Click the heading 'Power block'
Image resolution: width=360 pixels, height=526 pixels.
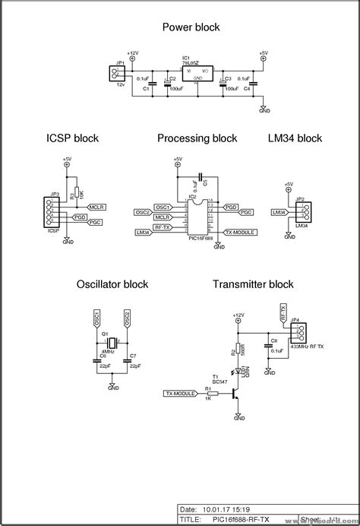point(191,27)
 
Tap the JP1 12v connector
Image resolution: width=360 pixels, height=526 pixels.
point(115,73)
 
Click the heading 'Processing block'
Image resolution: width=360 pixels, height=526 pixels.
point(197,138)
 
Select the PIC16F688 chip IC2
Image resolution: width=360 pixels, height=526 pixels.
point(197,217)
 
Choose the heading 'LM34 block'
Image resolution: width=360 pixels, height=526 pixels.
point(295,138)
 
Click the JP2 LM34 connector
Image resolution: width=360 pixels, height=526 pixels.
point(302,212)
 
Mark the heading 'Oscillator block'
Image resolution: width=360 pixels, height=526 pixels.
point(112,284)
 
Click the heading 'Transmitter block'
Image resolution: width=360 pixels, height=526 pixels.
point(253,284)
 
